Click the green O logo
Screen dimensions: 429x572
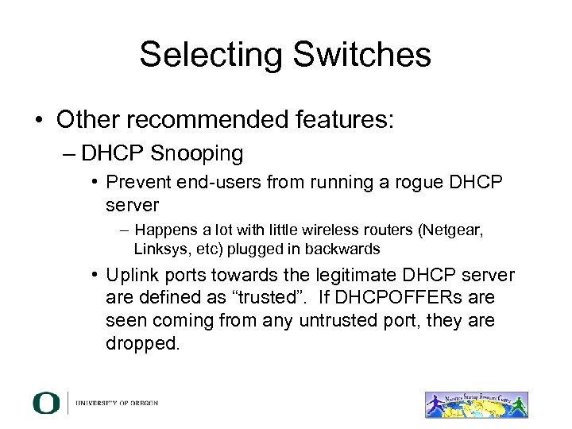click(x=46, y=403)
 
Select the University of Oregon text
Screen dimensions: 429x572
click(x=118, y=403)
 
